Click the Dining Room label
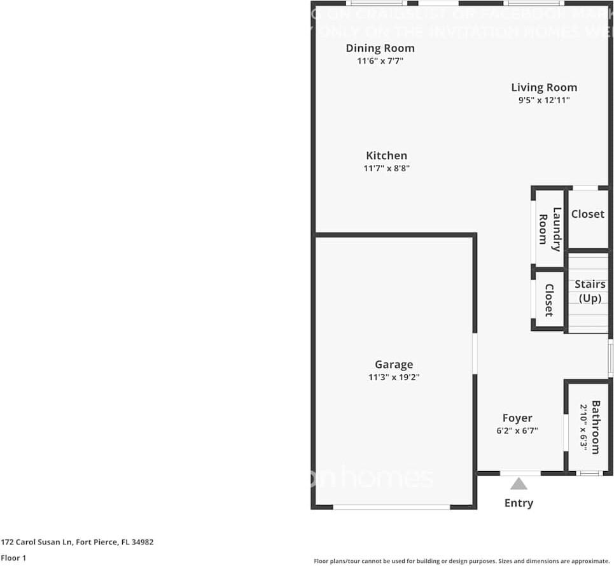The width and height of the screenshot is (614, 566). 380,48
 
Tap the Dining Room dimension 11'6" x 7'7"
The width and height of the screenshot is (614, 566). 380,62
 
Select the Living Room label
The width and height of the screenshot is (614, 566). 544,88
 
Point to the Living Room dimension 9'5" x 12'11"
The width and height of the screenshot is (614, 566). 544,101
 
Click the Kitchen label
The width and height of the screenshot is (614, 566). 386,156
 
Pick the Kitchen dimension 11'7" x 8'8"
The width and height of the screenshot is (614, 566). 386,169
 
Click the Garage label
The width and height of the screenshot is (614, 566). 393,365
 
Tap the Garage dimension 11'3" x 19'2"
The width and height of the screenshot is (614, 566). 393,378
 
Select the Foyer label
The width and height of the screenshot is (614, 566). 517,418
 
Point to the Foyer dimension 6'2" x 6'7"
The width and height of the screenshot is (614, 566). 517,430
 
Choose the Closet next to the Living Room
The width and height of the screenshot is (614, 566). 587,215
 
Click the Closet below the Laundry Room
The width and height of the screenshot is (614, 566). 548,300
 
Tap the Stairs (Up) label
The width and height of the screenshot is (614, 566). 590,291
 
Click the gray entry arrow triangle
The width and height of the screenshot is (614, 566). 519,483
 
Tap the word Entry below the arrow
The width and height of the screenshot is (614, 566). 519,503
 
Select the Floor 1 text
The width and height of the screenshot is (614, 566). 13,558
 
